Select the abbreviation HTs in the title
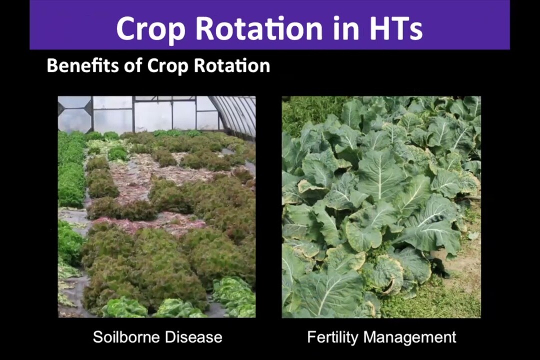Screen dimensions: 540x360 coord(396,27)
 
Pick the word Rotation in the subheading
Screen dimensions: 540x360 coord(232,65)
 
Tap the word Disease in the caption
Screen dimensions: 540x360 coord(193,337)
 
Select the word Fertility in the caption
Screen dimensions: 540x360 coord(332,337)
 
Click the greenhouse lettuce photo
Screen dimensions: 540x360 coord(156,206)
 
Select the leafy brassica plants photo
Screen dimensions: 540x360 coord(381,206)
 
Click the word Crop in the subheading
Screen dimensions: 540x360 coord(167,65)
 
